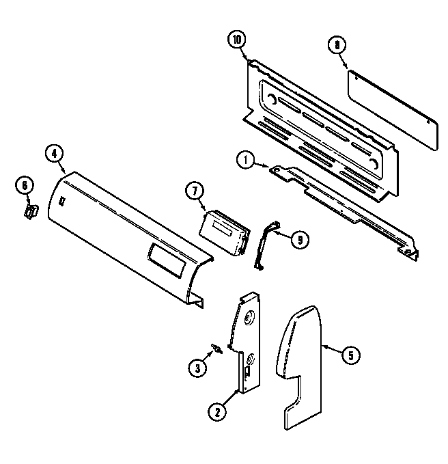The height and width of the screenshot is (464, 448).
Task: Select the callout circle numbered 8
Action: [x=336, y=46]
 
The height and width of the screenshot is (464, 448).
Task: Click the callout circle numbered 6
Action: [x=24, y=185]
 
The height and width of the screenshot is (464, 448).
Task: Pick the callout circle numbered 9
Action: [x=298, y=238]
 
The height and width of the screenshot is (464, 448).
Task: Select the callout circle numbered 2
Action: [x=216, y=411]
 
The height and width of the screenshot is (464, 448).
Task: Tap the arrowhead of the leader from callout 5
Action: [x=322, y=346]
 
